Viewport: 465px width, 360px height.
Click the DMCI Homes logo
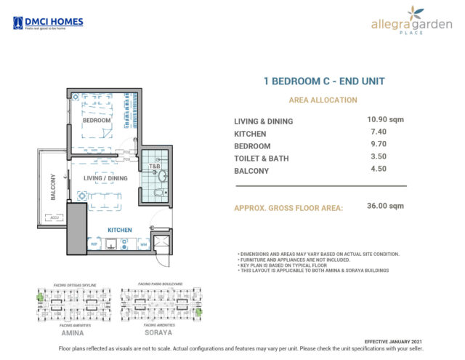(48, 23)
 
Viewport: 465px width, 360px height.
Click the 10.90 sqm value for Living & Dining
(385, 119)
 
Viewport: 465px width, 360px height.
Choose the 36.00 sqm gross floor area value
(385, 206)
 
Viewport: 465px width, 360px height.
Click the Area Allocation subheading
(323, 100)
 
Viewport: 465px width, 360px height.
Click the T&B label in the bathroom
(154, 167)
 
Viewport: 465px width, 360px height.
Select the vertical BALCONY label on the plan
(52, 186)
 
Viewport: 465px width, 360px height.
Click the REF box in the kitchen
(94, 244)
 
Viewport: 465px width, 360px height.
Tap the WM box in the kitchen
(144, 244)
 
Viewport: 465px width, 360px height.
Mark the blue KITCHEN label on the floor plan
(120, 230)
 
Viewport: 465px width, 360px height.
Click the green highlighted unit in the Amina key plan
(41, 295)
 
